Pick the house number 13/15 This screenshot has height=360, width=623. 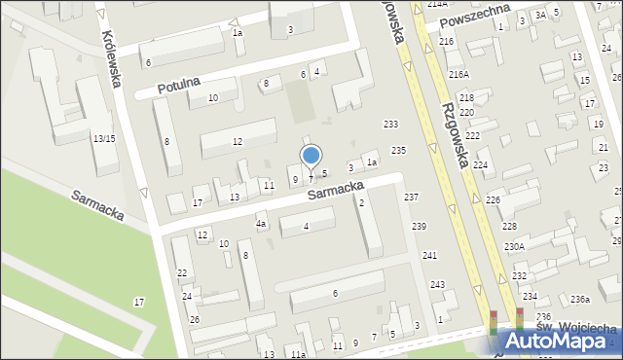tap(104, 139)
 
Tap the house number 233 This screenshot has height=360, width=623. tap(391, 124)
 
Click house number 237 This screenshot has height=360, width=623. tap(412, 198)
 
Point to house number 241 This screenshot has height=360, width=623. tap(429, 255)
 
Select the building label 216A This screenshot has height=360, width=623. tap(458, 74)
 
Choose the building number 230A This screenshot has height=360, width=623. tap(514, 246)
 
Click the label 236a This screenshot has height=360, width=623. tap(580, 299)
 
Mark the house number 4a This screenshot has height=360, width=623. tap(261, 224)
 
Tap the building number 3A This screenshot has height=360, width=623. tap(540, 15)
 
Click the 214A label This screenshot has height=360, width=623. tap(437, 4)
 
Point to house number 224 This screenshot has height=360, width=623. tap(480, 165)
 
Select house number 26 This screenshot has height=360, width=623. tap(195, 319)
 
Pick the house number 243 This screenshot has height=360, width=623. tap(438, 284)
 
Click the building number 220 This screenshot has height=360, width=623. tap(467, 113)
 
